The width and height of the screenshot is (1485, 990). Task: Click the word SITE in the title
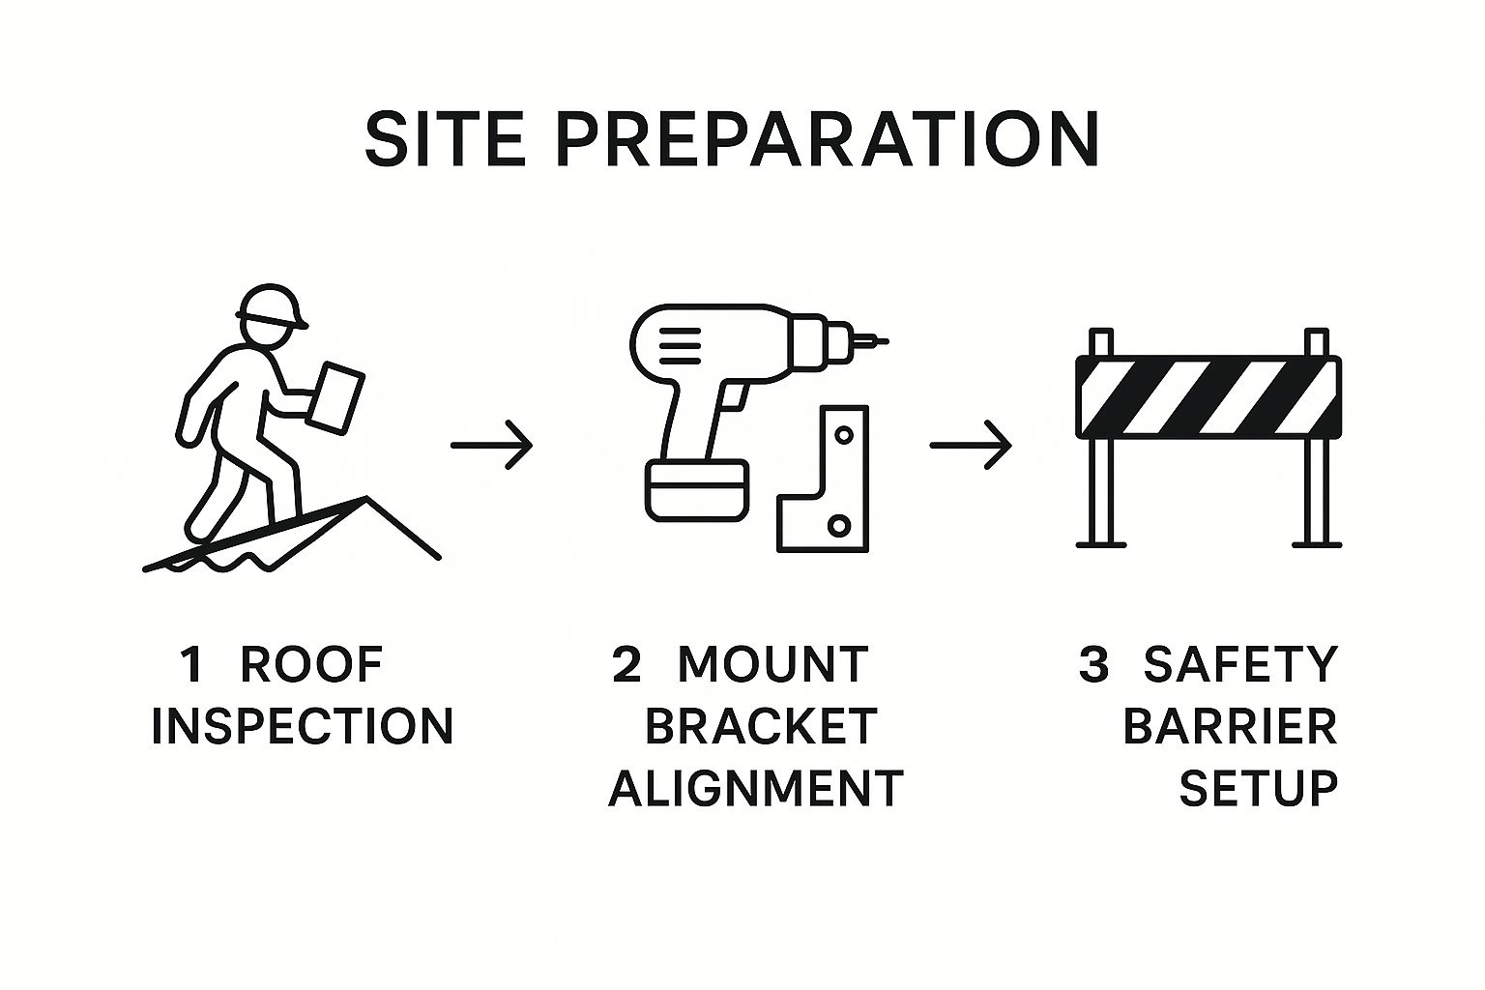click(445, 139)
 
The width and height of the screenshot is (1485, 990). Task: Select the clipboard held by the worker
click(335, 398)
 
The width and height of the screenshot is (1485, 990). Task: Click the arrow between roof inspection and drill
click(491, 445)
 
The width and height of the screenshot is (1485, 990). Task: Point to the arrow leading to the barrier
click(971, 445)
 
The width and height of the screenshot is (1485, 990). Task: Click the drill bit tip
click(886, 342)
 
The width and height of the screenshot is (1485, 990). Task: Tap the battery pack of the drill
click(697, 490)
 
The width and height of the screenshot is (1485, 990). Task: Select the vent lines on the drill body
click(681, 345)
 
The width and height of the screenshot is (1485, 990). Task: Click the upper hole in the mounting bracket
click(844, 436)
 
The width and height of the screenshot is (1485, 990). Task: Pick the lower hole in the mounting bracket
click(838, 526)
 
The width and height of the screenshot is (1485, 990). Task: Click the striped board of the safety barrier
click(1208, 396)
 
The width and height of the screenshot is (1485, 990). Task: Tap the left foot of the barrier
click(1101, 545)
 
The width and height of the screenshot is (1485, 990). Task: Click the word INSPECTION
click(303, 727)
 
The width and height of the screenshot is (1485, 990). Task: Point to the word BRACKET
click(761, 727)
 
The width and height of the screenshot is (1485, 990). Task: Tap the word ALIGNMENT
click(756, 788)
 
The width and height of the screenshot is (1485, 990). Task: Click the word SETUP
click(1258, 788)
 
